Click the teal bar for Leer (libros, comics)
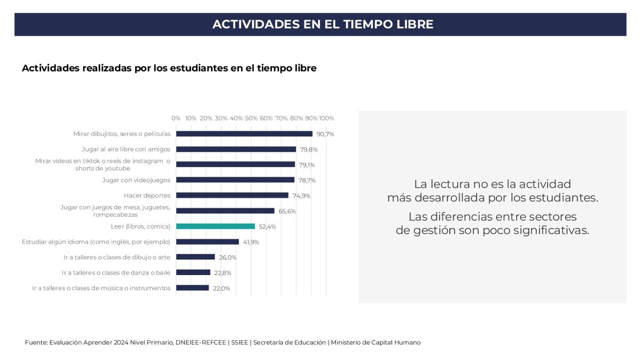tap(215, 226)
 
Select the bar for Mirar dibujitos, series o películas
tap(244, 134)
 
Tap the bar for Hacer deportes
tap(232, 195)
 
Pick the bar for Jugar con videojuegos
tap(235, 180)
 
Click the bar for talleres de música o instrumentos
tap(192, 288)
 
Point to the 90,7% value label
tap(325, 134)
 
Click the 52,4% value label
tap(268, 226)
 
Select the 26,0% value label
tap(228, 257)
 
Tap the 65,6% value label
tap(287, 211)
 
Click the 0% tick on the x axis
tap(176, 118)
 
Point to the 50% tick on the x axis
tap(251, 118)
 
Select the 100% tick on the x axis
tap(326, 118)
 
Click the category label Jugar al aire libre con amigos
tap(126, 149)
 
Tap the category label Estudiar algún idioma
tap(96, 241)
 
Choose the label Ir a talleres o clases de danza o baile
tap(116, 272)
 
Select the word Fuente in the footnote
tap(35, 342)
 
